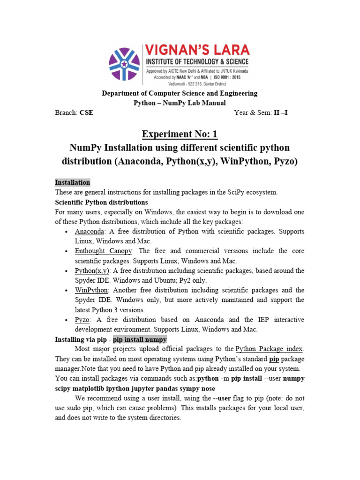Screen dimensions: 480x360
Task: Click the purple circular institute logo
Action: point(124,64)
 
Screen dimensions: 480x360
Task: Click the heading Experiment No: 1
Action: point(180,135)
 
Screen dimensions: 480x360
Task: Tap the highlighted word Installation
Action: point(73,182)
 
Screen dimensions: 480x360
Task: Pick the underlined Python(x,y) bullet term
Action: point(92,271)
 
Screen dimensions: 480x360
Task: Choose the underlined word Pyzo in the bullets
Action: point(82,320)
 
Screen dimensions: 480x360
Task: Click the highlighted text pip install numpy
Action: point(140,339)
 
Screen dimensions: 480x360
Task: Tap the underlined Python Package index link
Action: point(270,349)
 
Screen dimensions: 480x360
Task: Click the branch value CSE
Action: point(86,113)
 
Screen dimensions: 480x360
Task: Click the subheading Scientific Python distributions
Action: point(101,202)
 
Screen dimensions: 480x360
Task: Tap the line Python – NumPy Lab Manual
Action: point(180,103)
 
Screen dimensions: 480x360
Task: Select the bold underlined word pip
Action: point(275,359)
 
